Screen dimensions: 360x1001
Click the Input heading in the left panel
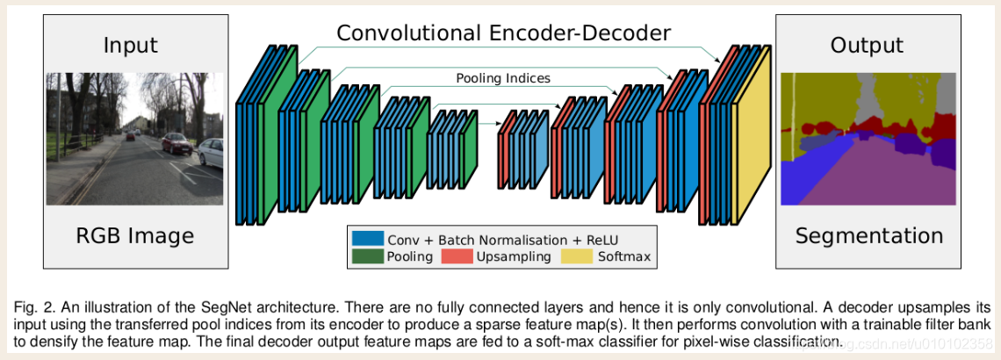pyautogui.click(x=130, y=45)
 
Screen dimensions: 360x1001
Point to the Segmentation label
pyautogui.click(x=868, y=235)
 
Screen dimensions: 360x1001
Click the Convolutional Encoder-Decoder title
pyautogui.click(x=504, y=33)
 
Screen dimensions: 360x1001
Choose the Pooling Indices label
pyautogui.click(x=503, y=78)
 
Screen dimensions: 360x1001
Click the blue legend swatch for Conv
pyautogui.click(x=367, y=238)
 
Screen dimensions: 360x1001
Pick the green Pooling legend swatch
pyautogui.click(x=367, y=256)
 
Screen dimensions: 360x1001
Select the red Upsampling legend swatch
pyautogui.click(x=457, y=256)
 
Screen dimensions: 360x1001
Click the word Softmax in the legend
pyautogui.click(x=624, y=257)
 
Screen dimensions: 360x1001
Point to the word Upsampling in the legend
pyautogui.click(x=514, y=257)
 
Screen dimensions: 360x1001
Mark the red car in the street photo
pyautogui.click(x=176, y=142)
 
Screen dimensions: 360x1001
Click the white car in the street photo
pyautogui.click(x=211, y=151)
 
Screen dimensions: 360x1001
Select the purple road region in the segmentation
pyautogui.click(x=878, y=176)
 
